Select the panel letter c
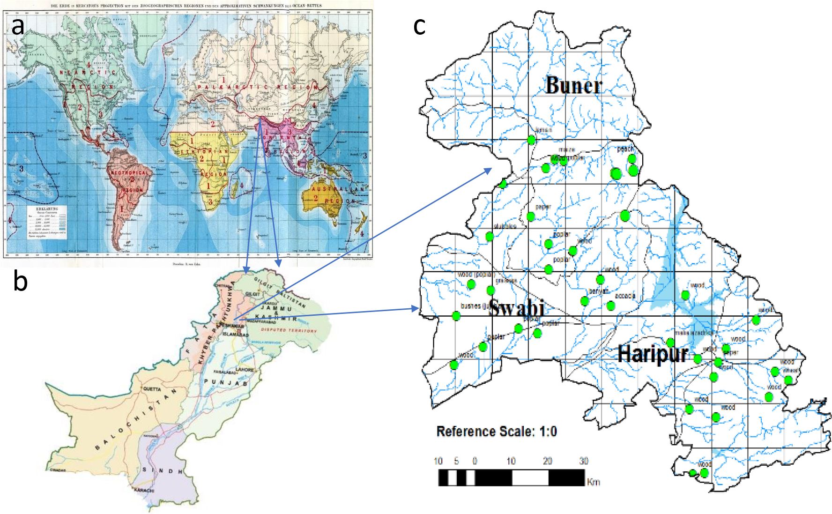[x=419, y=26]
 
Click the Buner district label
[x=573, y=85]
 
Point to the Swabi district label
[x=516, y=308]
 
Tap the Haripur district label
[x=653, y=354]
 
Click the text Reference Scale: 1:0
[x=497, y=431]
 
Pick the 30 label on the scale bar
[x=583, y=461]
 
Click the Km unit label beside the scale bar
[x=593, y=482]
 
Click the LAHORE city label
[x=244, y=370]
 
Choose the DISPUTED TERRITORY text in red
[x=289, y=330]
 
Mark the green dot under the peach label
[x=632, y=159]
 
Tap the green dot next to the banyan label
[x=585, y=301]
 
